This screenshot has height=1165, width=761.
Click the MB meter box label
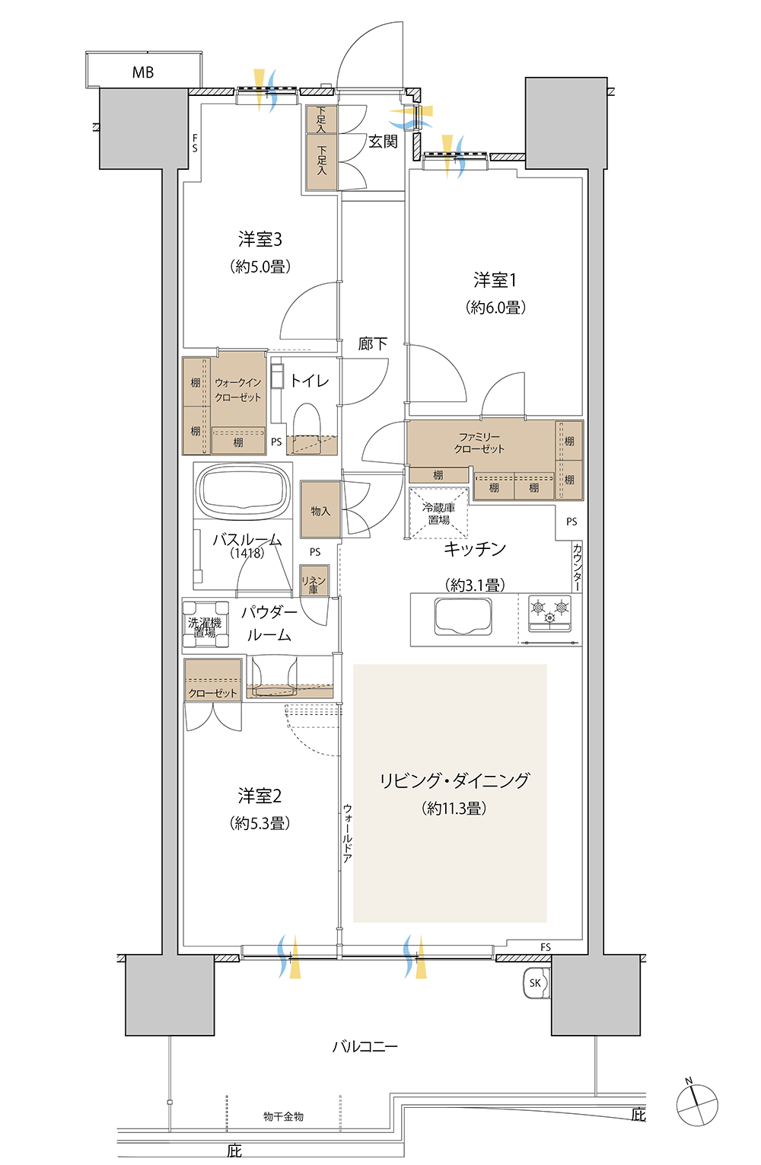(x=143, y=72)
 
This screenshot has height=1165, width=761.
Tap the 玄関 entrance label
(x=383, y=141)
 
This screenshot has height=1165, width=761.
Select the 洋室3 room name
(x=260, y=239)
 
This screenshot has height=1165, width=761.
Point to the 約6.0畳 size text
(x=495, y=308)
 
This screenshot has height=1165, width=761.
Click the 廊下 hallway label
(x=373, y=343)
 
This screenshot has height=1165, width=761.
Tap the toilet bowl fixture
(x=307, y=421)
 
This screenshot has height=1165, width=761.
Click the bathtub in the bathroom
(x=244, y=490)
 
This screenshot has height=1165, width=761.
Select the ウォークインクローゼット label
(x=238, y=390)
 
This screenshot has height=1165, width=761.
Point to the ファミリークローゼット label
(x=479, y=442)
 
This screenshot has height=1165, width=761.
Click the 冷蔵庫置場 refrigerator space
(x=439, y=513)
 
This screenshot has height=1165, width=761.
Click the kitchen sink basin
(x=463, y=616)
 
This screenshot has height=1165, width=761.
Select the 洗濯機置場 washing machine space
(x=205, y=624)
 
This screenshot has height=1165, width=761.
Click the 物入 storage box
(x=320, y=510)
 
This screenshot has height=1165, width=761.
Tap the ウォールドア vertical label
(x=347, y=833)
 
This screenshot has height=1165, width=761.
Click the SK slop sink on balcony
(x=536, y=983)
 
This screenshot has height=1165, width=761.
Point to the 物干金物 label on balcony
(x=283, y=1116)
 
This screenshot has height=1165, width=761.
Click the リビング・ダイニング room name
(x=454, y=781)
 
